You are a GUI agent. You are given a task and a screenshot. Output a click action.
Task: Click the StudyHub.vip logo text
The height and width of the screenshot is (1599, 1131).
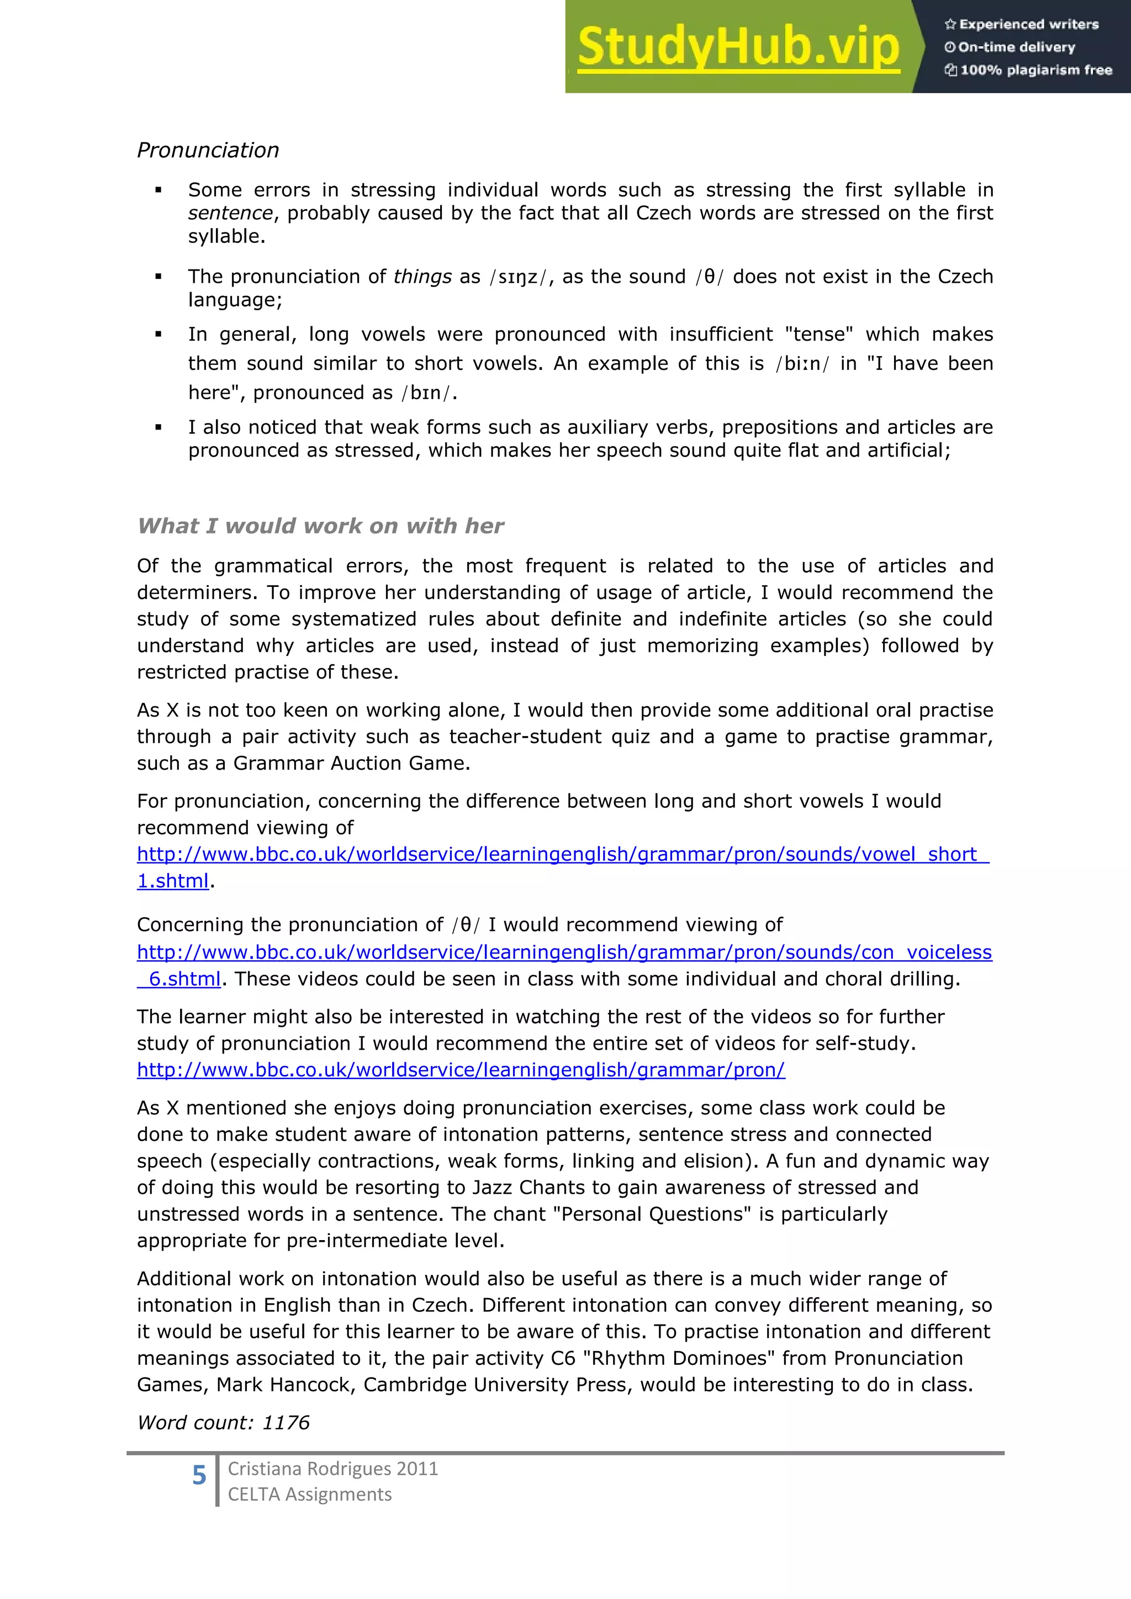(738, 47)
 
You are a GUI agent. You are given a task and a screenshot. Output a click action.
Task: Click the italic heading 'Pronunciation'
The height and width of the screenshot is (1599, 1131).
(208, 150)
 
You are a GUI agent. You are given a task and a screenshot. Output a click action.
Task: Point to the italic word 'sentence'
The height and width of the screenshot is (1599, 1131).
(230, 213)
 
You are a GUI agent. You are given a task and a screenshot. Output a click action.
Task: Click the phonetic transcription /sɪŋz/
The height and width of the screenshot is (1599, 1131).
(519, 277)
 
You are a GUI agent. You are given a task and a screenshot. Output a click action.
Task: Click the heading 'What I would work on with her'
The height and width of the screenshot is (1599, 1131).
(320, 526)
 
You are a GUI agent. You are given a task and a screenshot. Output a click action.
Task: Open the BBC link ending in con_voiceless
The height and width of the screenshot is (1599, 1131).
(564, 952)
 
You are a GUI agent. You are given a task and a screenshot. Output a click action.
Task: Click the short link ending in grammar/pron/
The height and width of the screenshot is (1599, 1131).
(461, 1069)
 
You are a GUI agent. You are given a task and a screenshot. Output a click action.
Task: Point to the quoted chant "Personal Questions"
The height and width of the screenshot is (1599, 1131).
(652, 1214)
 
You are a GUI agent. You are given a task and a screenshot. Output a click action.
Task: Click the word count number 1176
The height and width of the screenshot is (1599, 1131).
(286, 1423)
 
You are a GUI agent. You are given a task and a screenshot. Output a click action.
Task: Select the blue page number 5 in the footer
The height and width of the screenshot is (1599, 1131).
(199, 1475)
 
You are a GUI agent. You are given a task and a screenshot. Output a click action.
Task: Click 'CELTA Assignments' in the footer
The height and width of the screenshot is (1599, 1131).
(309, 1495)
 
